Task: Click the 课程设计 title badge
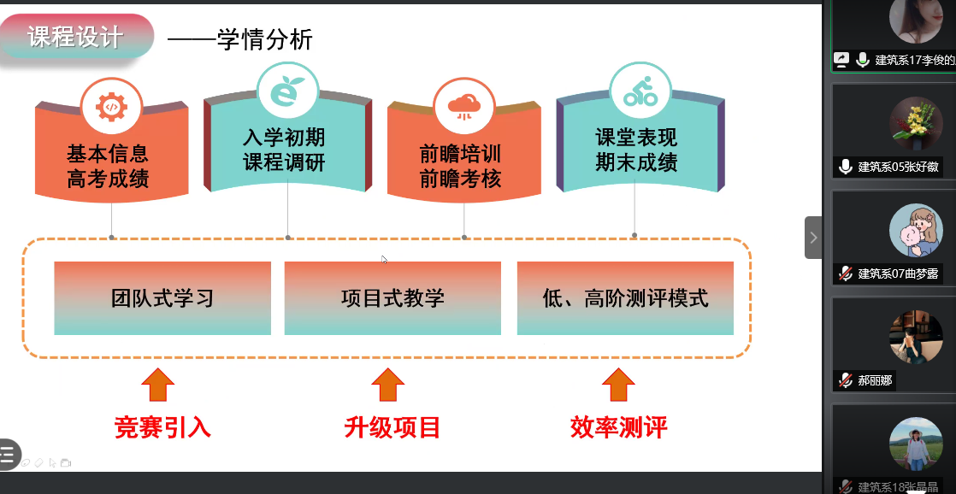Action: (x=76, y=38)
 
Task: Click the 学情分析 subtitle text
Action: (x=266, y=39)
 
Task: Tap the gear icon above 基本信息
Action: (x=110, y=106)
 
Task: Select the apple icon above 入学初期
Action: (x=287, y=91)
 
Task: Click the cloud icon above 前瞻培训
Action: (x=463, y=106)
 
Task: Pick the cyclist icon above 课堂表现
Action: (x=640, y=91)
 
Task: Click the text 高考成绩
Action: (x=108, y=179)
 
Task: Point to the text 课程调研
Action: (x=284, y=162)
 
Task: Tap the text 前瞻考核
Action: (x=460, y=179)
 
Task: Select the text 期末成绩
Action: (x=637, y=162)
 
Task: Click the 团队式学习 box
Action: (x=162, y=298)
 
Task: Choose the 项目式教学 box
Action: (x=392, y=298)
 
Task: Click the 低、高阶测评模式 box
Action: (x=625, y=298)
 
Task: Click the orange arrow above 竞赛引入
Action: (x=158, y=385)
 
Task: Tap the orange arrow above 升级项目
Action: (x=388, y=385)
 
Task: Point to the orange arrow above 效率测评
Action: (x=618, y=385)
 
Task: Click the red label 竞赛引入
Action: (x=162, y=427)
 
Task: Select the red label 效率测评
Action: (x=618, y=427)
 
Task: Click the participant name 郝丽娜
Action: (x=875, y=380)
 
